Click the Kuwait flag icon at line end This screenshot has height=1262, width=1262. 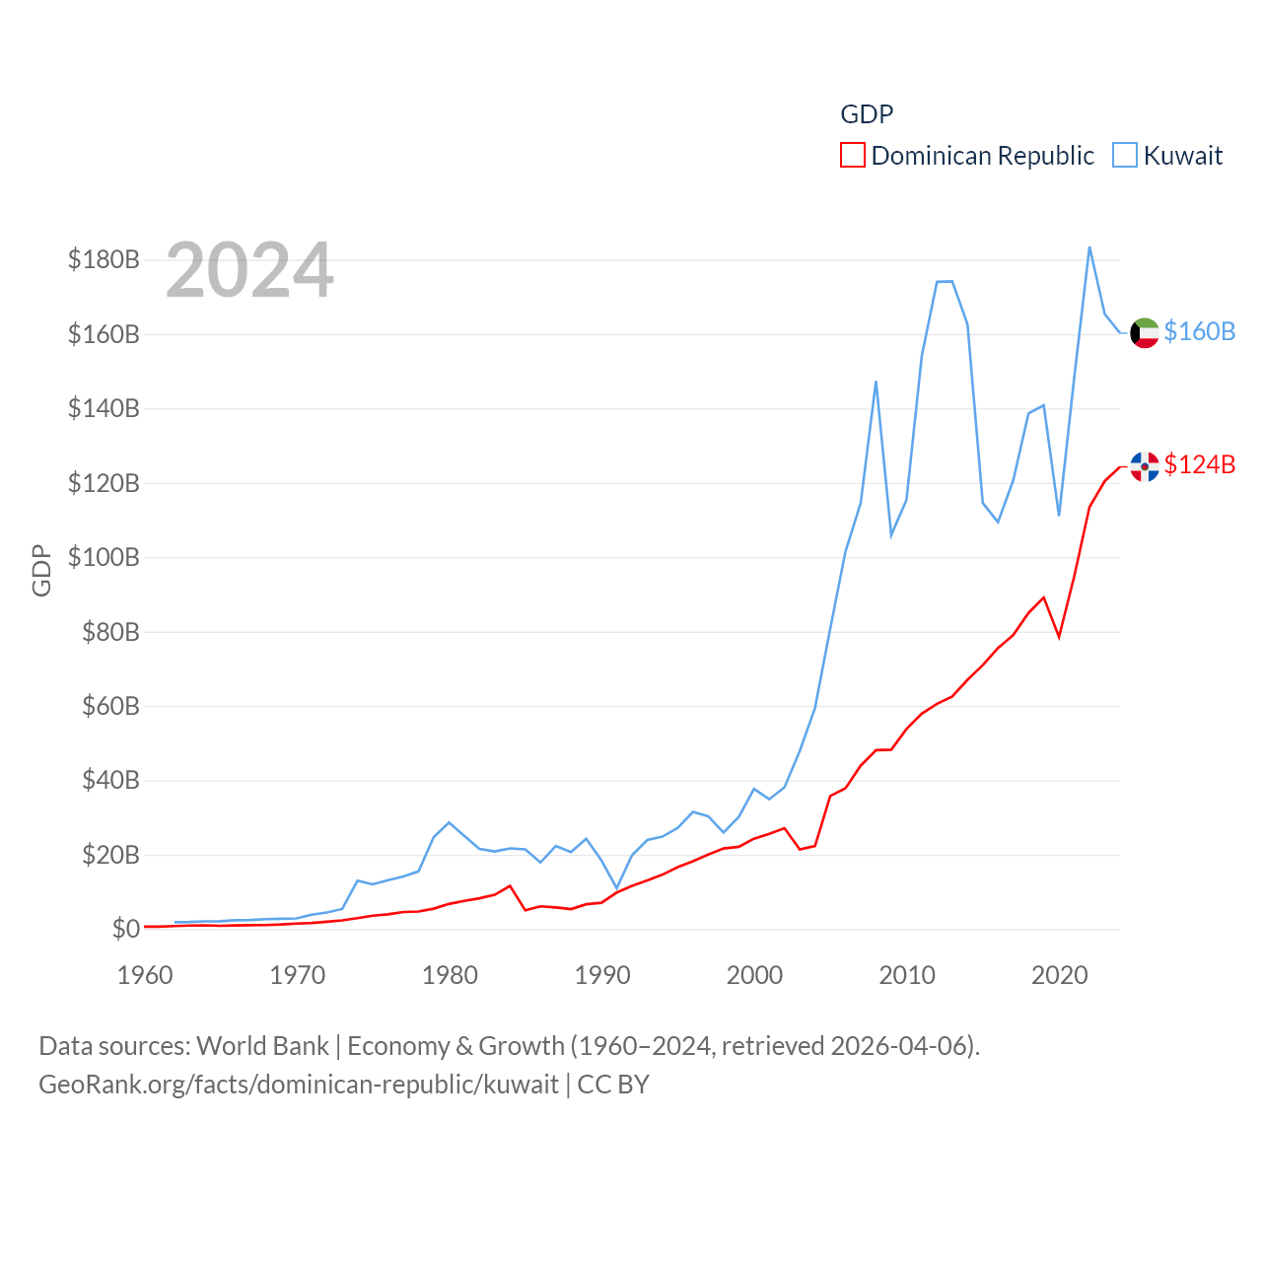1144,333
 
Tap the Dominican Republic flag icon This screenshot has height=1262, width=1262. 1144,466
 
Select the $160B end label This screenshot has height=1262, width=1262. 1199,331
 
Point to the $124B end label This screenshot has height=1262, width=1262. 1199,464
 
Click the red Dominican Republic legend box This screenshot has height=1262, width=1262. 852,156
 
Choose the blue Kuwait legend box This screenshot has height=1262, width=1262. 1124,156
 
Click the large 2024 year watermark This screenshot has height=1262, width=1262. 249,270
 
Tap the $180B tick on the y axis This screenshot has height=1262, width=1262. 104,259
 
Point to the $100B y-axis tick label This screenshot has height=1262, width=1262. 104,557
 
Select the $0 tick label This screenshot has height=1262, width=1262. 125,929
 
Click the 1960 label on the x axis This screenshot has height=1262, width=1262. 145,975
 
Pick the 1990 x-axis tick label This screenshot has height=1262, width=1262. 602,975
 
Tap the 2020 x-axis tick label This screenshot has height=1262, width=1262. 1059,975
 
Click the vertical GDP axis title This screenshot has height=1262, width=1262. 41,570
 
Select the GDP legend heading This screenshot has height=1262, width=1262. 867,114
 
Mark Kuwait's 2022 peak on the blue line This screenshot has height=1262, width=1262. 1089,247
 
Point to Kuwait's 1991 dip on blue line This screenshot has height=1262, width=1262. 617,887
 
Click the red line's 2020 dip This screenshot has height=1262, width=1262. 1059,637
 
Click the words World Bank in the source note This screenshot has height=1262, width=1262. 263,1045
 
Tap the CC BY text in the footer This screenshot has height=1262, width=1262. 613,1085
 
